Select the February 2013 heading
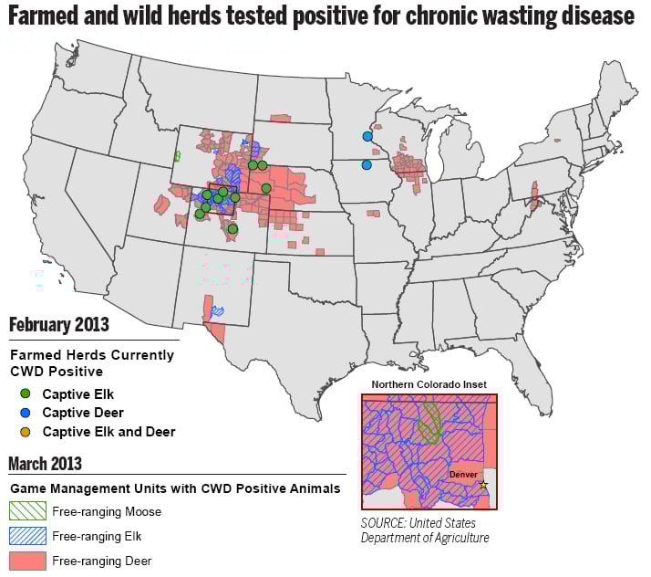[58, 325]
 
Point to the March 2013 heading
[46, 464]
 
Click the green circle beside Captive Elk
[25, 394]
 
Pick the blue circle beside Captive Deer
[25, 413]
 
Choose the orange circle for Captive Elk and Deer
[25, 431]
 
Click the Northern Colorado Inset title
[429, 383]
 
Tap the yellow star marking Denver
[483, 484]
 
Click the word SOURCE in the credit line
[387, 524]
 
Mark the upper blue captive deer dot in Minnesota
[367, 136]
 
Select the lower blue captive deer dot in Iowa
[367, 165]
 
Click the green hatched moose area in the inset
[429, 420]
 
